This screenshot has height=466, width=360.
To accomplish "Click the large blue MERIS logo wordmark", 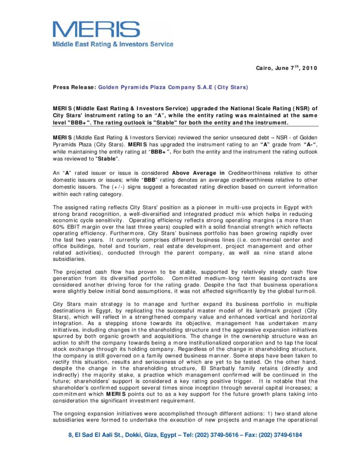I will (x=96, y=30).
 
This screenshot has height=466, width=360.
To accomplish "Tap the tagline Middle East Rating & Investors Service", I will (x=113, y=45).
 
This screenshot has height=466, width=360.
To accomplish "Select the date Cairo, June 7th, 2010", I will (x=286, y=68).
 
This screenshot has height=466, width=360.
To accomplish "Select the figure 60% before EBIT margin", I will (x=60, y=227).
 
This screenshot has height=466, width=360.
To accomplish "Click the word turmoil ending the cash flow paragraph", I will (x=304, y=291).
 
